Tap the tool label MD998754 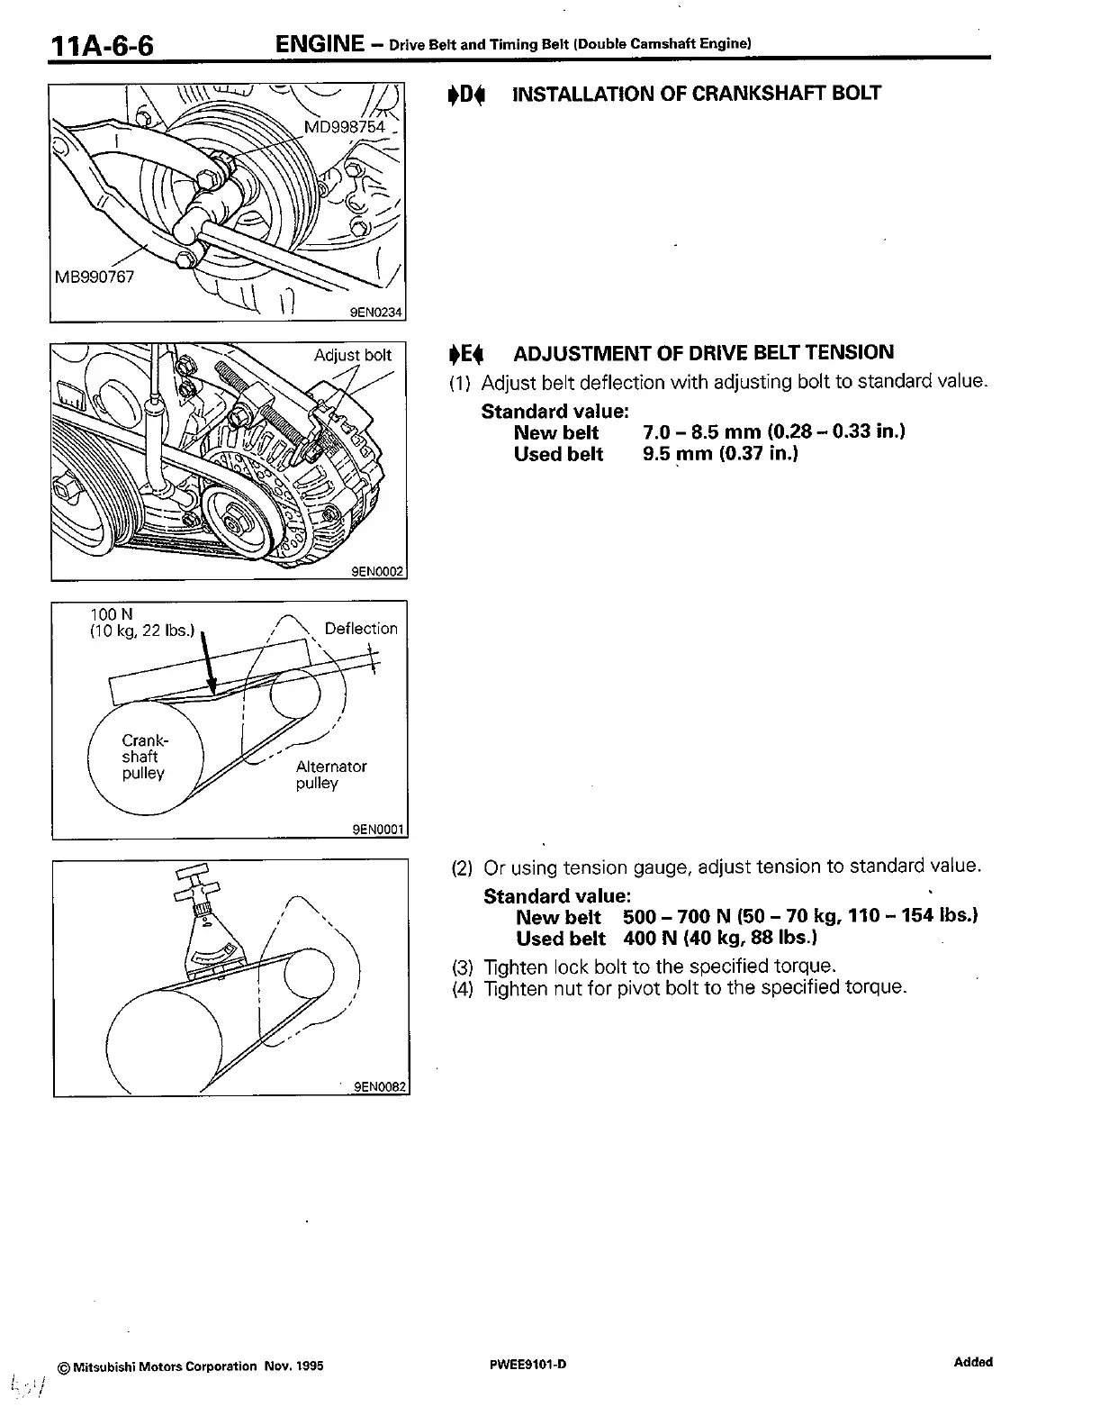[344, 127]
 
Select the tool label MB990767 [94, 277]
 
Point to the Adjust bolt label [352, 355]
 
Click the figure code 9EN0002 [378, 571]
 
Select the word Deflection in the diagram [360, 629]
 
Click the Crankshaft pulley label [144, 757]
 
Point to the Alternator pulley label [330, 775]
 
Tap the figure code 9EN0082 [381, 1087]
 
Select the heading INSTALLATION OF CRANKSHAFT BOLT [696, 94]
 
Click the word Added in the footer [973, 1362]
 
